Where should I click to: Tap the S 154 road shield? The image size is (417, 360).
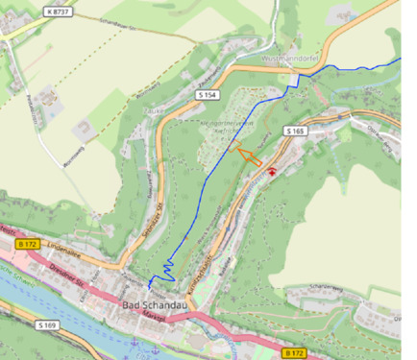point(206,97)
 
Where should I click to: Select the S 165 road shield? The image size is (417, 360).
point(294,129)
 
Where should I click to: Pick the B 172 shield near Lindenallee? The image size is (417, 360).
point(29,245)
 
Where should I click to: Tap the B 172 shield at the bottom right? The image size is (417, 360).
point(294,353)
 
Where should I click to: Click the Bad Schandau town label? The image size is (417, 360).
point(154,306)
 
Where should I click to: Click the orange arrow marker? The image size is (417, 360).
point(248,156)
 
